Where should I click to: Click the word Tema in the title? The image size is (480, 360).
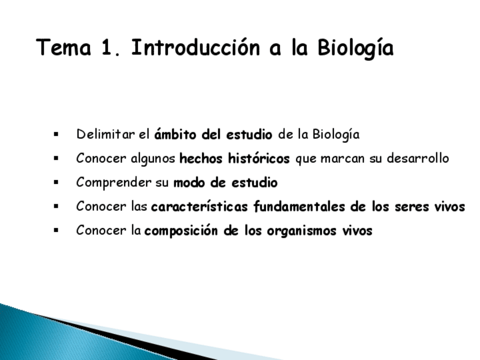(x=63, y=48)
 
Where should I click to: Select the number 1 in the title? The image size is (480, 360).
(x=107, y=48)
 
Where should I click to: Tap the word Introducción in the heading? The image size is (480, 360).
(x=196, y=48)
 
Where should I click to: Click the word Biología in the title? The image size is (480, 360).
(x=355, y=49)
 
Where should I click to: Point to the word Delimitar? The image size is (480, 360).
(x=106, y=134)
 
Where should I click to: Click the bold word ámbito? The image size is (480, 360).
(x=175, y=134)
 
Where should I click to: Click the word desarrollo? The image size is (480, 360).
(x=418, y=158)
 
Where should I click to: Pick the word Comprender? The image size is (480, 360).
(x=114, y=183)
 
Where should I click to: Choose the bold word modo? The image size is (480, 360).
(x=189, y=183)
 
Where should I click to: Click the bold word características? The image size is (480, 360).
(x=200, y=207)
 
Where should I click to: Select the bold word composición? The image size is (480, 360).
(x=181, y=231)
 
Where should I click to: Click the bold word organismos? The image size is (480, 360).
(x=302, y=232)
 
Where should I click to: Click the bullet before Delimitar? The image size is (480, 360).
(x=56, y=134)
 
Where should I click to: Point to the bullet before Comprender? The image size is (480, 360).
(x=56, y=182)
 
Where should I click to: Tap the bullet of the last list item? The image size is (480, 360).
(x=56, y=230)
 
